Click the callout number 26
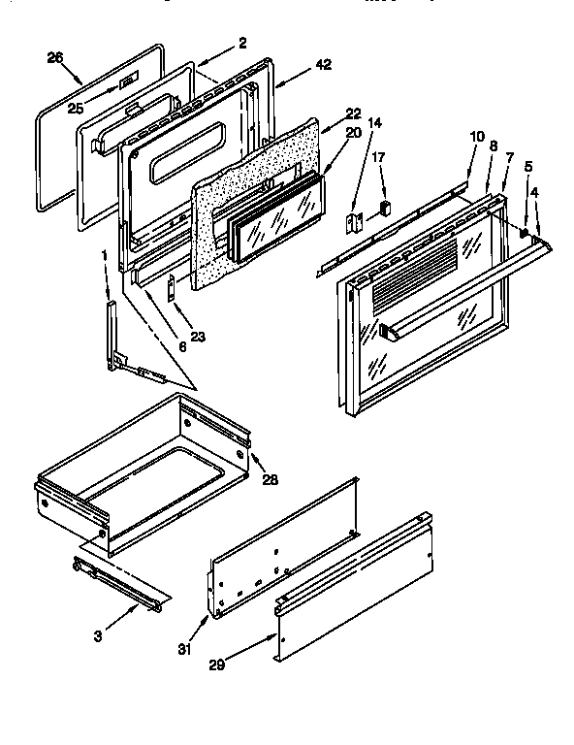click(54, 57)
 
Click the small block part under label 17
click(385, 207)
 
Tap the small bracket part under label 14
click(356, 222)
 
